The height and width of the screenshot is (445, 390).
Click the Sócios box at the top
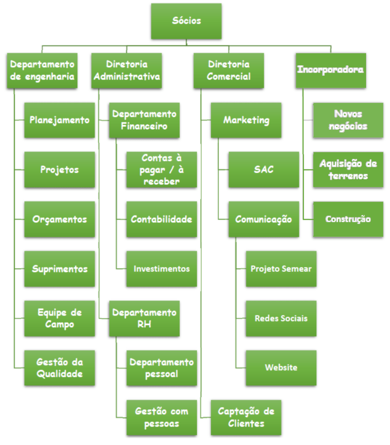(x=186, y=21)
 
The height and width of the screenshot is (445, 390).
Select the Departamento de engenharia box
(x=42, y=71)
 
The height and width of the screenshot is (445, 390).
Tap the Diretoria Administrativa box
(x=127, y=71)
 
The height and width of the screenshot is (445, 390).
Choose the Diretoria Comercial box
(x=229, y=71)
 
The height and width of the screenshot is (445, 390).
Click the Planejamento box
(x=60, y=120)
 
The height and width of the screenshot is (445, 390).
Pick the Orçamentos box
(x=60, y=219)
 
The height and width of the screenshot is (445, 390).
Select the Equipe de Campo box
(x=60, y=318)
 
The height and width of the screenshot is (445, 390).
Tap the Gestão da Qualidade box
(x=60, y=368)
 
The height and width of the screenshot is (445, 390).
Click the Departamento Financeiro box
(x=144, y=120)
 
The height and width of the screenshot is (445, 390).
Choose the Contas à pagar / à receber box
(x=161, y=170)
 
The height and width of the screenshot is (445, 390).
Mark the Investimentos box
(x=161, y=269)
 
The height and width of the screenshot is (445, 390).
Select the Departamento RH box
(x=144, y=318)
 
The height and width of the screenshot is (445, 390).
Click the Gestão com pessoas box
(x=161, y=417)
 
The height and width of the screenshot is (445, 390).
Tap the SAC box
(x=264, y=170)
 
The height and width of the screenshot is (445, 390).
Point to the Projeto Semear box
(x=281, y=269)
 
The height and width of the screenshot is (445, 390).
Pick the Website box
(x=281, y=367)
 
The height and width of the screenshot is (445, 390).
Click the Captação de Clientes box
(x=246, y=417)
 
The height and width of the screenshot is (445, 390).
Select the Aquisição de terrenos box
(x=348, y=170)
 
